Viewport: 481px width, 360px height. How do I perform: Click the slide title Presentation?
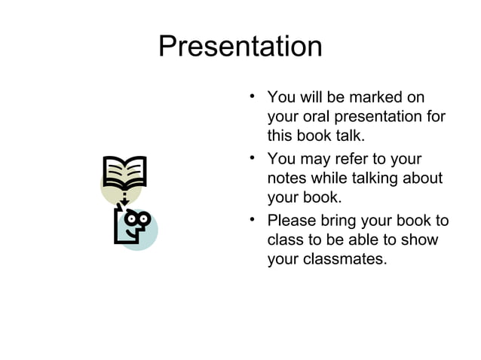(240, 47)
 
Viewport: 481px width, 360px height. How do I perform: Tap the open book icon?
(124, 172)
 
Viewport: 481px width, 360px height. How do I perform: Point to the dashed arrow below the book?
(124, 198)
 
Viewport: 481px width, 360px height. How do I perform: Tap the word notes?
(287, 178)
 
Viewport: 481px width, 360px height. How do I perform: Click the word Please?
(292, 221)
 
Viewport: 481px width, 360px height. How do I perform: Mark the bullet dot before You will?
(253, 96)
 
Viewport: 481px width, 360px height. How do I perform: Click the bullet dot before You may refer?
(253, 157)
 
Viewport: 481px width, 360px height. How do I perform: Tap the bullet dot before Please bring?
(253, 219)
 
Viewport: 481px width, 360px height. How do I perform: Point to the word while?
(333, 178)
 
